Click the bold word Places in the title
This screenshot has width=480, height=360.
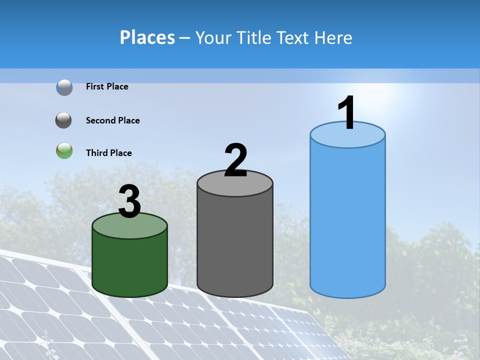tap(147, 37)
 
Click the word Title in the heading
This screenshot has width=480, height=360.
tap(254, 37)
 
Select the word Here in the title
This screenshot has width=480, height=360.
tap(334, 37)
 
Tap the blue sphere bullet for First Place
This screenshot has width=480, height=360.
tap(64, 87)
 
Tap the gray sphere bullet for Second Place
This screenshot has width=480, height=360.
tap(64, 120)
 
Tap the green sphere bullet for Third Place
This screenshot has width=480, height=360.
tap(64, 150)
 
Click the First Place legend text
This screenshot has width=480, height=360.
tap(107, 86)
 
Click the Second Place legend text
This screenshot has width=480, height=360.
tap(112, 120)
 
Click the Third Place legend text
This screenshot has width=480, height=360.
tap(108, 153)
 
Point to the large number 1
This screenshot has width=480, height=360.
tap(346, 113)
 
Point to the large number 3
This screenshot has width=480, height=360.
tap(129, 201)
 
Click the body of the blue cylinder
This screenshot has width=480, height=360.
tap(347, 220)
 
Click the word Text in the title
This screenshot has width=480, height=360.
tap(295, 37)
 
